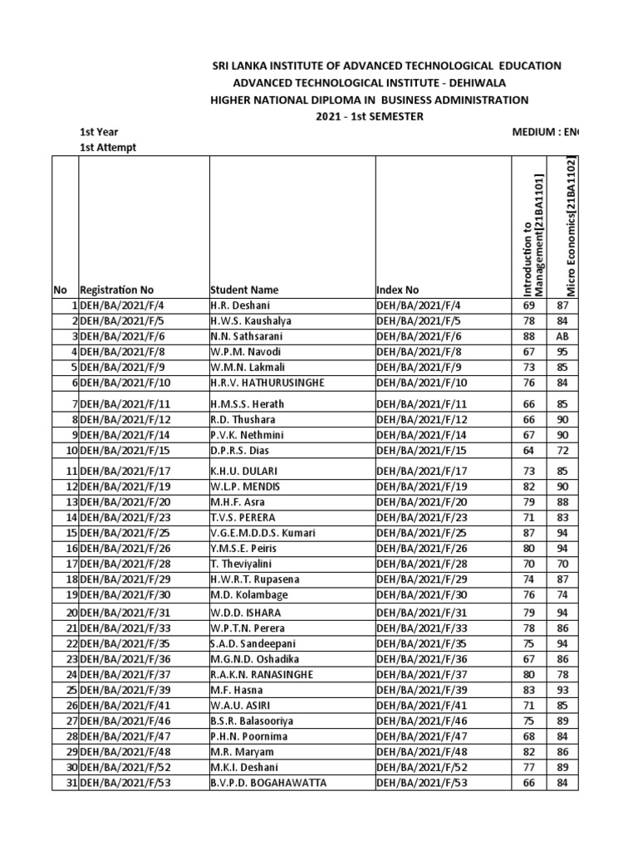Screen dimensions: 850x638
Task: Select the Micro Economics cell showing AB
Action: pyautogui.click(x=562, y=336)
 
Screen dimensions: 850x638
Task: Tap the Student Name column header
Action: pyautogui.click(x=244, y=290)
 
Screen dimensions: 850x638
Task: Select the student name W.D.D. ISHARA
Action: pyautogui.click(x=242, y=613)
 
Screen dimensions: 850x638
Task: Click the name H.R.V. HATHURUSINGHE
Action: pyautogui.click(x=266, y=382)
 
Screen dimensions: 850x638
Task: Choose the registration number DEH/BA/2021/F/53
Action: pyautogui.click(x=125, y=783)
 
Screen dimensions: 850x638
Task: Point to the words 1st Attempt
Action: pyautogui.click(x=109, y=147)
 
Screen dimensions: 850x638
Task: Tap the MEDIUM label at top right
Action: pyautogui.click(x=537, y=132)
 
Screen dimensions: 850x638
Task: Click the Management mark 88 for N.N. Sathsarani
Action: pyautogui.click(x=528, y=336)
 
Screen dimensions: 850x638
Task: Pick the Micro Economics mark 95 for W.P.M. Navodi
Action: pyautogui.click(x=562, y=351)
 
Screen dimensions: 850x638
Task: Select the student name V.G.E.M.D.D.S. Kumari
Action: pyautogui.click(x=263, y=532)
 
